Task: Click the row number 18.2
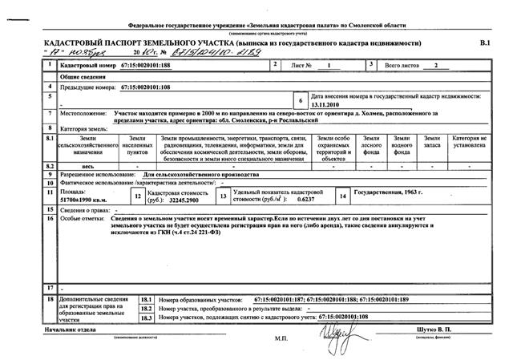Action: coord(146,307)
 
